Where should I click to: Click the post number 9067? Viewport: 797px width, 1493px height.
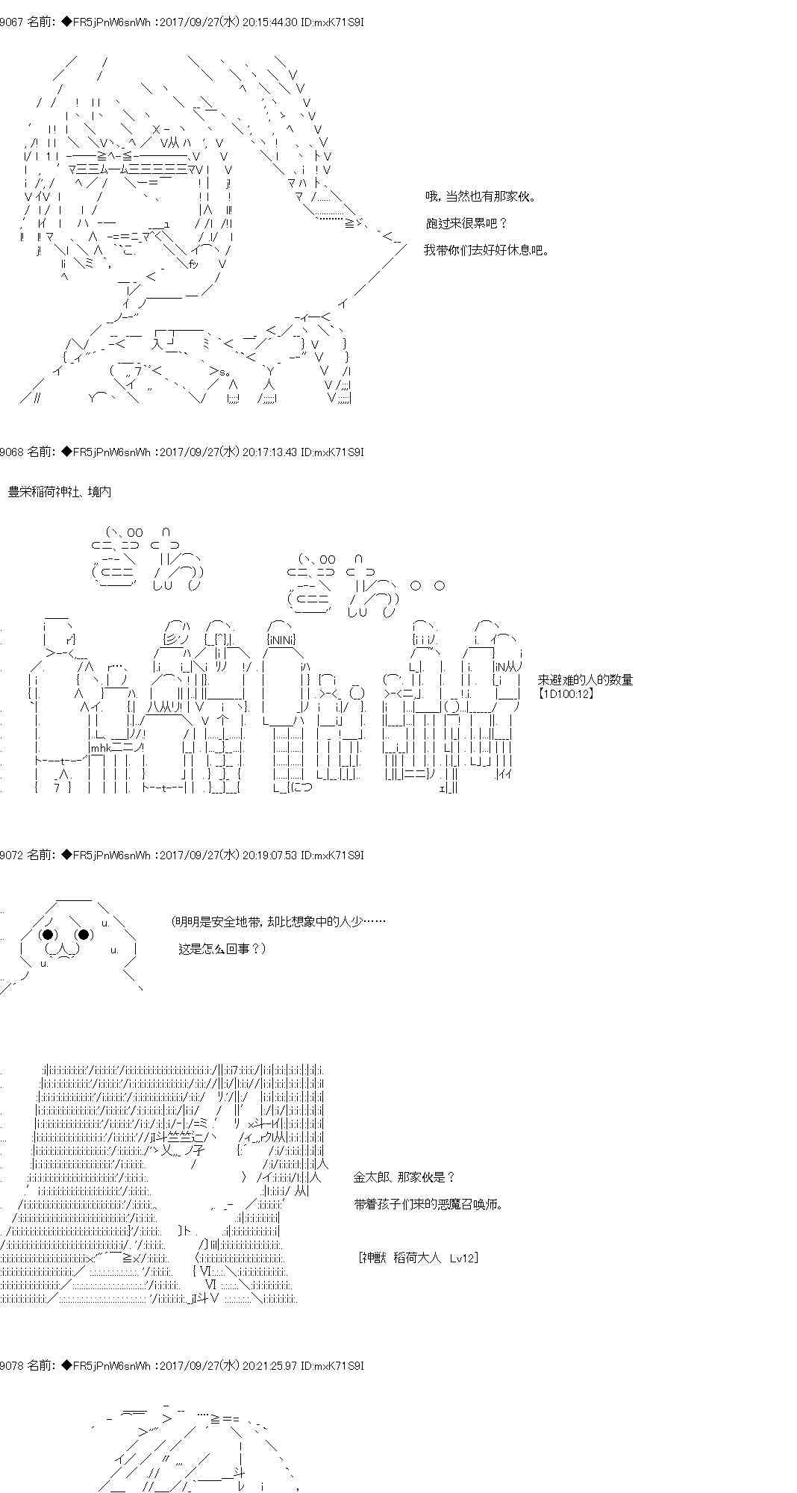[x=11, y=22]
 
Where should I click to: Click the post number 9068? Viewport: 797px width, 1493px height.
[x=11, y=452]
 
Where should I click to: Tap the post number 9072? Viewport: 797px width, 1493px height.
[x=11, y=855]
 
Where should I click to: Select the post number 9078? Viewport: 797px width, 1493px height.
[x=11, y=1365]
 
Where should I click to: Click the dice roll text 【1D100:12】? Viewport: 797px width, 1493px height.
[x=566, y=693]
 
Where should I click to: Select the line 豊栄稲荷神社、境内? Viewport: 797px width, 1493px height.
[x=60, y=492]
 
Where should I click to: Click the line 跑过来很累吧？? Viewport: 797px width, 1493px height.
[x=466, y=223]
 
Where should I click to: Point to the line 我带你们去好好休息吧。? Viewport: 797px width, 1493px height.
[x=487, y=250]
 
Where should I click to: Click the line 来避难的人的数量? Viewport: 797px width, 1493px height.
[x=585, y=680]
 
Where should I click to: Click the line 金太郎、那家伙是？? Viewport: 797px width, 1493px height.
[x=404, y=1177]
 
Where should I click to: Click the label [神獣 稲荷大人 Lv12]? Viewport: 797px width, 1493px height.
[x=419, y=1258]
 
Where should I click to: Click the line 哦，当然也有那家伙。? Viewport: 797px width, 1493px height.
[x=481, y=196]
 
